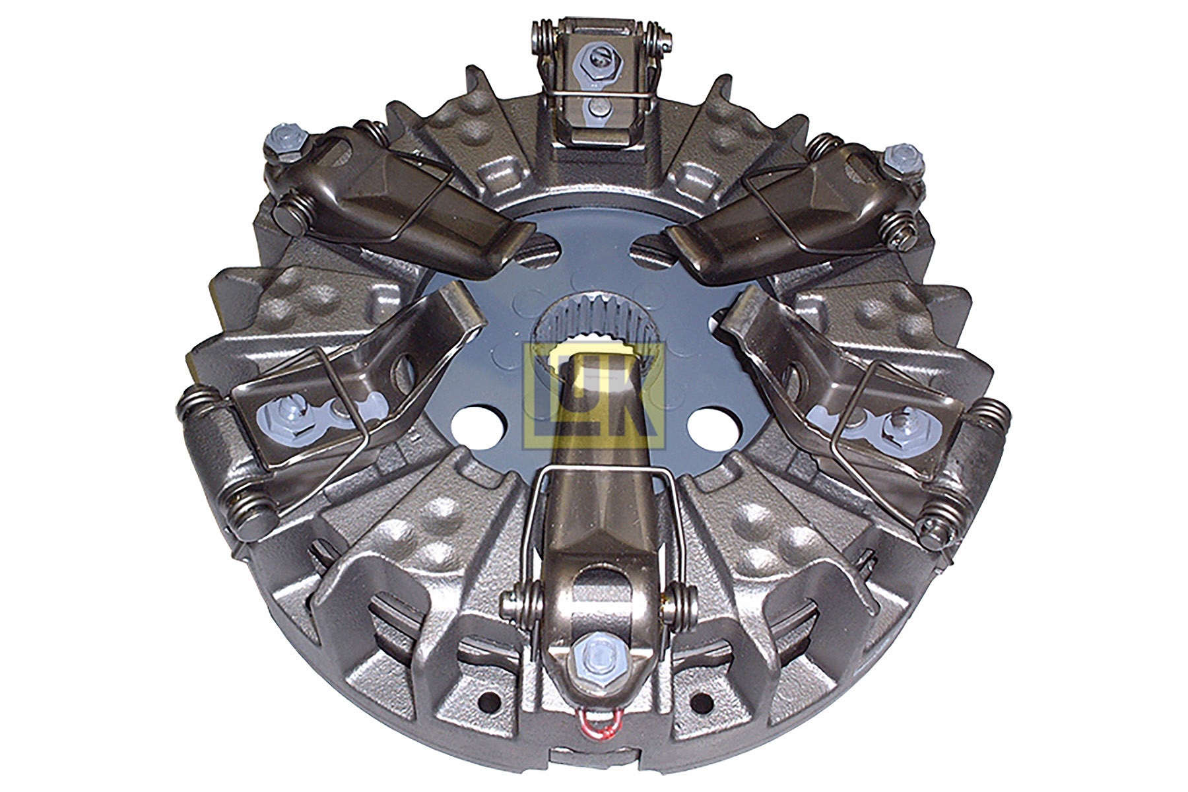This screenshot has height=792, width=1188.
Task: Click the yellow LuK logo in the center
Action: [x=593, y=396]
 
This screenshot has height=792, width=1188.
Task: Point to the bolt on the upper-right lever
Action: [x=899, y=157]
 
